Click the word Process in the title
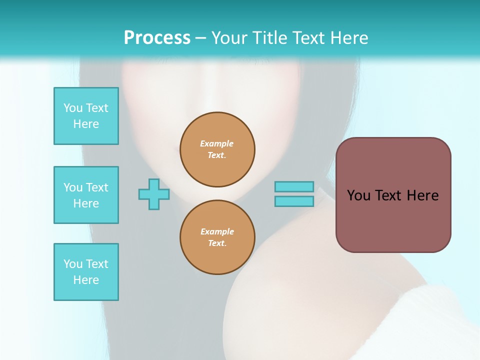click(x=157, y=38)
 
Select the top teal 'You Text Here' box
click(x=86, y=116)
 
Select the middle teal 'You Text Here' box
click(x=86, y=195)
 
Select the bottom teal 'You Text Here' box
click(x=86, y=272)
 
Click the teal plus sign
click(x=154, y=194)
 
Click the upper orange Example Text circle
click(x=217, y=149)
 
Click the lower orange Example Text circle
click(x=217, y=237)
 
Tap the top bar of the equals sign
click(x=294, y=186)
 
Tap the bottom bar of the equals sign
click(x=294, y=201)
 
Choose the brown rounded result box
click(x=393, y=220)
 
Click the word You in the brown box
click(x=358, y=195)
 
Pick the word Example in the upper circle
click(x=217, y=143)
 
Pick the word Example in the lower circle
click(x=217, y=231)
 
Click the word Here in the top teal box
click(x=86, y=124)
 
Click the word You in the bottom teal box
click(x=73, y=264)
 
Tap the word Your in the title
click(x=229, y=38)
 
